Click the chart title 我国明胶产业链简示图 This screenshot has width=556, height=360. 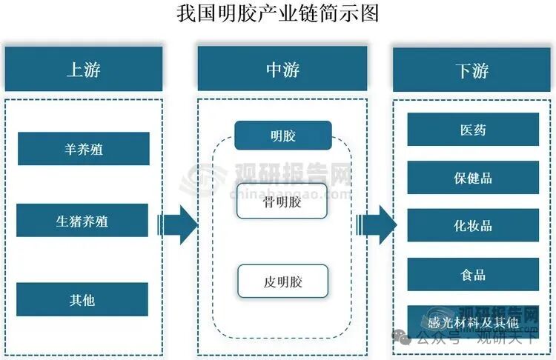pos(278,13)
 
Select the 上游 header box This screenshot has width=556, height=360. pos(83,70)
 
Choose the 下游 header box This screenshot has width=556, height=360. pos(472,70)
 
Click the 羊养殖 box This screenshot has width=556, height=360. pos(83,149)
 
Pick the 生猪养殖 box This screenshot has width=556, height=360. pos(82,221)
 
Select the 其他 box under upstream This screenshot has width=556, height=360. pos(82,300)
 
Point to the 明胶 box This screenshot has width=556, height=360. pos(282,136)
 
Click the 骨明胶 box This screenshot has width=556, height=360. pos(282,202)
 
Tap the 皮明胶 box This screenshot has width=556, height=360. pos(282,281)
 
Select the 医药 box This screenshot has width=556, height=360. pos(473,130)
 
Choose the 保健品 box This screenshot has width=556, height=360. pos(473,178)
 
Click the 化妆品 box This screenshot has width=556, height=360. pos(473,225)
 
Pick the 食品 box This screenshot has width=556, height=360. pos(473,274)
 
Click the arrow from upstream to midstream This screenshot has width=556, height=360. pos(178,224)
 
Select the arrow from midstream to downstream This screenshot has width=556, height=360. pos(377,224)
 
